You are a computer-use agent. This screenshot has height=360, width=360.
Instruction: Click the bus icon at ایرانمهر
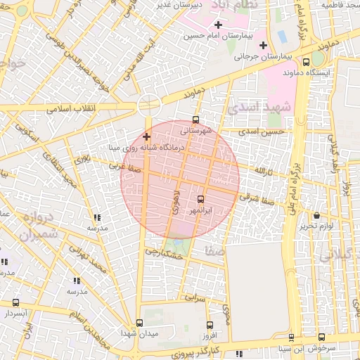(201, 199)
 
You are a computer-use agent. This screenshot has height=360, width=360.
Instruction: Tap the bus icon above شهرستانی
(195, 119)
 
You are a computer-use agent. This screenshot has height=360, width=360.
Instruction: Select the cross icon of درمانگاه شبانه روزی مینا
(146, 136)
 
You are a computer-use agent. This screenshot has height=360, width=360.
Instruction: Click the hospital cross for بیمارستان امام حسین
(218, 25)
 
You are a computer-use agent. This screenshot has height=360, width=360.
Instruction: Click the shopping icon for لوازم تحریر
(316, 216)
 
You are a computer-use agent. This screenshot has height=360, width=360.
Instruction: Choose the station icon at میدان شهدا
(139, 323)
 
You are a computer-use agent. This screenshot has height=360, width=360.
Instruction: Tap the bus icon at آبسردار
(15, 302)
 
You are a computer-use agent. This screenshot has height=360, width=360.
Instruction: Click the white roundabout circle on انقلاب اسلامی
(149, 105)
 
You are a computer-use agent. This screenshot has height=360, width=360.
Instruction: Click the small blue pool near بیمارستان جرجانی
(283, 35)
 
